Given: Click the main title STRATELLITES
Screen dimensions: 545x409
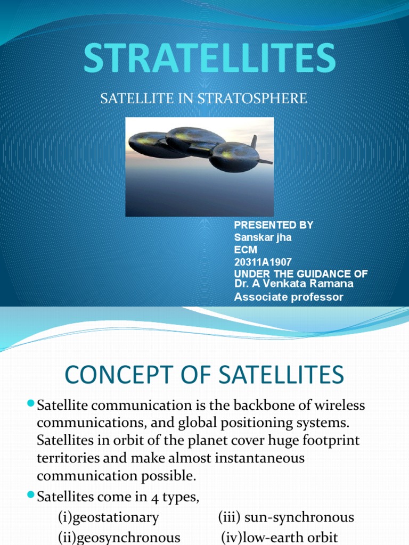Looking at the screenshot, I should (x=209, y=58).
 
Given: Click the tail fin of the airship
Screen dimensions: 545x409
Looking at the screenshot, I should (x=254, y=142).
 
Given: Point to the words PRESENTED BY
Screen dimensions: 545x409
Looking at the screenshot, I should (x=274, y=225).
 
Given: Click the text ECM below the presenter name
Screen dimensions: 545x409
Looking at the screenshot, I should (x=245, y=250).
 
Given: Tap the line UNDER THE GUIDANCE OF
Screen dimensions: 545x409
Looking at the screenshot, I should (x=301, y=274).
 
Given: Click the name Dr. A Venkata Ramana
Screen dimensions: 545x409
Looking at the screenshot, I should (x=293, y=284).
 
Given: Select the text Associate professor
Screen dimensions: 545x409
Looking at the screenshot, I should (x=289, y=297).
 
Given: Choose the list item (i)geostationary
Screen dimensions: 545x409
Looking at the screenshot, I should (x=109, y=517).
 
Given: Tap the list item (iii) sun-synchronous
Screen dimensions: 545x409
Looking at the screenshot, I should (x=285, y=517).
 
